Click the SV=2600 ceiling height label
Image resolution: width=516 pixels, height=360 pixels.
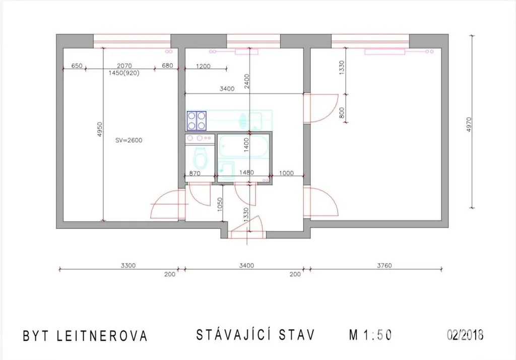128,140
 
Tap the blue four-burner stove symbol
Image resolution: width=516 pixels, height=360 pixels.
197,121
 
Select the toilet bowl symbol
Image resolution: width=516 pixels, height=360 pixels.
200,158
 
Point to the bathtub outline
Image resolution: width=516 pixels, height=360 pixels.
244,146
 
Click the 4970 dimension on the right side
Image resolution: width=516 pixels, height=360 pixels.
469,125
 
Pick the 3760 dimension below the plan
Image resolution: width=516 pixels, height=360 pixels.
384,265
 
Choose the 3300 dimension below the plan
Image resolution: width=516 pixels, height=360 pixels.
128,265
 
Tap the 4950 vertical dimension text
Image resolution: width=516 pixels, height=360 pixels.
100,130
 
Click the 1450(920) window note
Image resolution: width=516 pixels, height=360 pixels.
124,73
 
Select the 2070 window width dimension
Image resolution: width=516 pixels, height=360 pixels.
124,66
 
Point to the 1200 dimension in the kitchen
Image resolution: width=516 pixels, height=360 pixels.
203,66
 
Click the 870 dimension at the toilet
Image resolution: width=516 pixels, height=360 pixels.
195,173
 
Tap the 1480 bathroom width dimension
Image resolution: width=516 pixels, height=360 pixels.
246,172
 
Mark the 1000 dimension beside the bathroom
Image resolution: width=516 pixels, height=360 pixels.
286,173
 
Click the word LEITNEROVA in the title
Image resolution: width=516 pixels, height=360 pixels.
102,336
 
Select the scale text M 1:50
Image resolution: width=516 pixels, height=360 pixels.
370,335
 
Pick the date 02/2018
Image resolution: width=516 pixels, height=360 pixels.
465,335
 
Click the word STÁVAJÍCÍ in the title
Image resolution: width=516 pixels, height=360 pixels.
234,334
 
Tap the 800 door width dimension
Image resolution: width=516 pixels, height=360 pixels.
342,113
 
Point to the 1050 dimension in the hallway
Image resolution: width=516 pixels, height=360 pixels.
220,205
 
